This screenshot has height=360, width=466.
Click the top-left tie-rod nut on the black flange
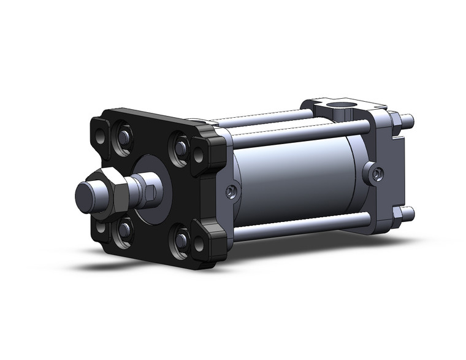pyautogui.click(x=121, y=137)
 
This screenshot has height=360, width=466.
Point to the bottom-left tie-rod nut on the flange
pyautogui.click(x=124, y=229)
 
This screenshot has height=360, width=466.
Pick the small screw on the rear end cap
pyautogui.click(x=376, y=175)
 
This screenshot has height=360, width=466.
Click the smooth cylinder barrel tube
pyautogui.click(x=294, y=178)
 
